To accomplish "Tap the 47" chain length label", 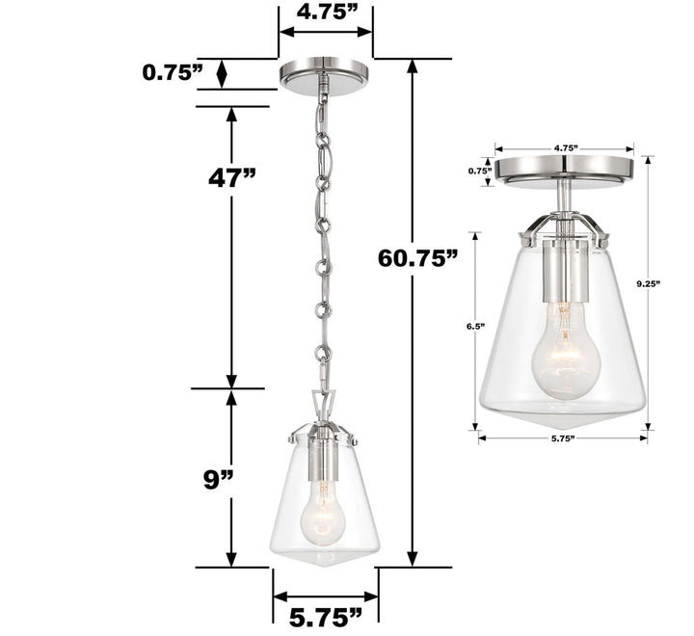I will (232, 177).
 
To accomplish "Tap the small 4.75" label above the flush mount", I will (566, 148).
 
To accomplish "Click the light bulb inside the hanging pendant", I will (322, 511).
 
